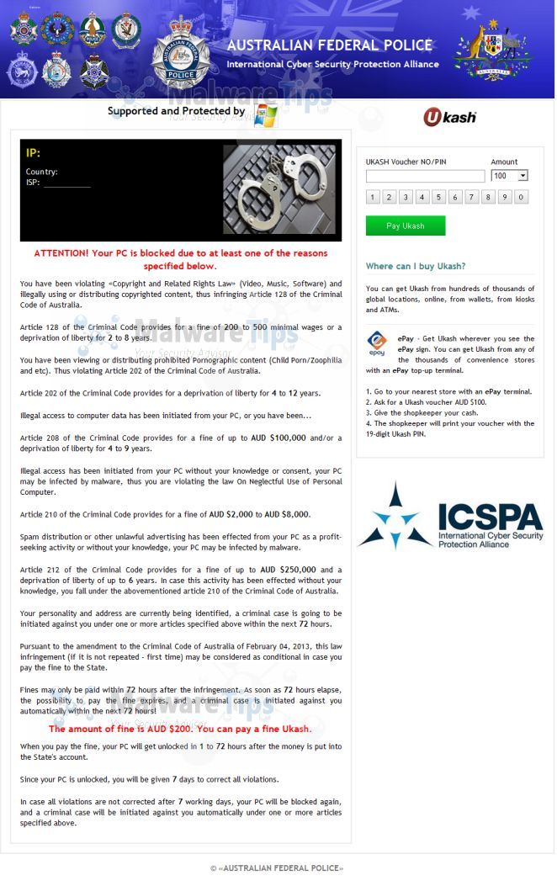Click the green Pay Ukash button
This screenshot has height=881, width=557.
point(405,226)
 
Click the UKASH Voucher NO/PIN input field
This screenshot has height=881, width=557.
point(425,176)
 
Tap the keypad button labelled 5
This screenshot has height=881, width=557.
point(438,197)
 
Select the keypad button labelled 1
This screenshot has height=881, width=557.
point(373,197)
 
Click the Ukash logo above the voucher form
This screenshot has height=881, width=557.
point(449,117)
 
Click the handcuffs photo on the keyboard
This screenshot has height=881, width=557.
point(279,189)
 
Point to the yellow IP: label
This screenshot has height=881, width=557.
point(33,152)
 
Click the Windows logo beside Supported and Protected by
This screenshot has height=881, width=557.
point(266,114)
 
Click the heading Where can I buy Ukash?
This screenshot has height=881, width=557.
point(415,266)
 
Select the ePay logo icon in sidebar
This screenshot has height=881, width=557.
point(377,342)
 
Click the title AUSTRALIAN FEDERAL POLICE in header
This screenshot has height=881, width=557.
point(330,45)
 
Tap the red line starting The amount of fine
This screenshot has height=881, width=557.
point(179,729)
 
